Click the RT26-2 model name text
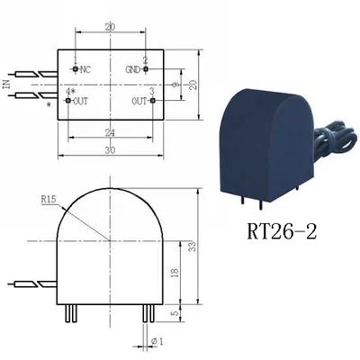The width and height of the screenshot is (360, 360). click(282, 232)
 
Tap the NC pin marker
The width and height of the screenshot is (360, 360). click(75, 69)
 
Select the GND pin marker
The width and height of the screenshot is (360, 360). click(146, 69)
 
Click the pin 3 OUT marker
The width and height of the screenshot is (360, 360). click(153, 100)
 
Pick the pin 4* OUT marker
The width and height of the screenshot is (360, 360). click(68, 100)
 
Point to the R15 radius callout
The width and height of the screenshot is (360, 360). click(49, 200)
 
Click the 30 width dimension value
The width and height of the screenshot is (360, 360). click(110, 150)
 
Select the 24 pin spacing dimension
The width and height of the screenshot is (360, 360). click(110, 133)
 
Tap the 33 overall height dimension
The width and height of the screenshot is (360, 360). click(193, 247)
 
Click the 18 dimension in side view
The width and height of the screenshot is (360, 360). click(175, 272)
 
